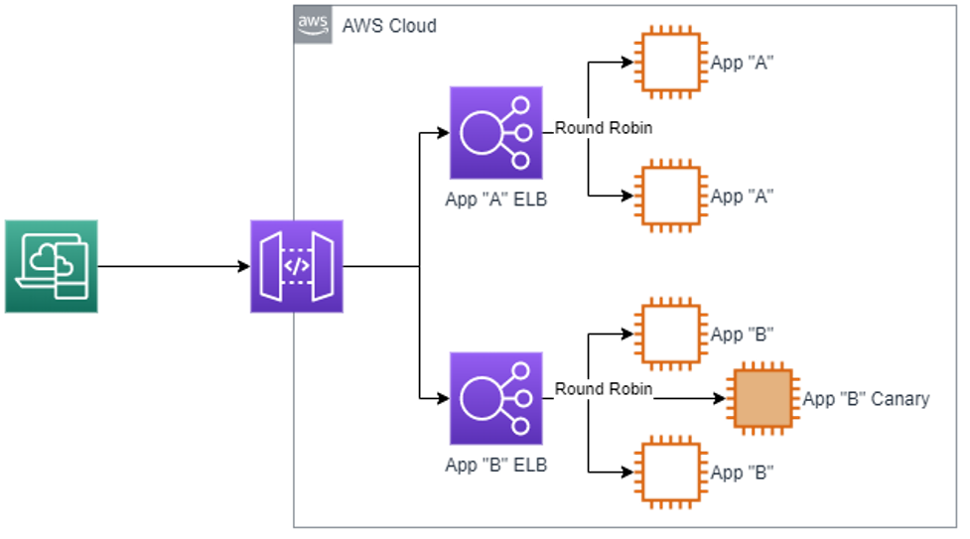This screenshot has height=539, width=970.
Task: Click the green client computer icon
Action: click(x=52, y=266)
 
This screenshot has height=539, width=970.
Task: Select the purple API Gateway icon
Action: click(x=297, y=266)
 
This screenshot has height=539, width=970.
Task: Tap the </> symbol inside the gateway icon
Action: click(x=297, y=267)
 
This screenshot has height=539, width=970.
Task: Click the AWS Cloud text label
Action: click(x=388, y=26)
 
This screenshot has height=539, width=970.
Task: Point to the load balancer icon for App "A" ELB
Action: click(x=496, y=133)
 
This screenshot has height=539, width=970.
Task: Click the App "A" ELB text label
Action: click(x=495, y=200)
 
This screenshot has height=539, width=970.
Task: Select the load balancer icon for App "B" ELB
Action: click(x=496, y=398)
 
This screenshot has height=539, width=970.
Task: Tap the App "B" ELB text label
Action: click(x=495, y=465)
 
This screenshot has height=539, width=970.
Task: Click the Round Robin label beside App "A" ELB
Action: click(x=604, y=128)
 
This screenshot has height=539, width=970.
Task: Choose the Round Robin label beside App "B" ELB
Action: click(x=604, y=389)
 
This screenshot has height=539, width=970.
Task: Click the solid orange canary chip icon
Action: click(x=762, y=399)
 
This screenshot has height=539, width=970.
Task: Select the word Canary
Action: click(x=900, y=399)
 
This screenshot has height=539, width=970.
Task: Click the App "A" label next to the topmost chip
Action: click(x=742, y=63)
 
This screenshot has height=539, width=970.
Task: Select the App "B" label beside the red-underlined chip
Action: click(x=742, y=472)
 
